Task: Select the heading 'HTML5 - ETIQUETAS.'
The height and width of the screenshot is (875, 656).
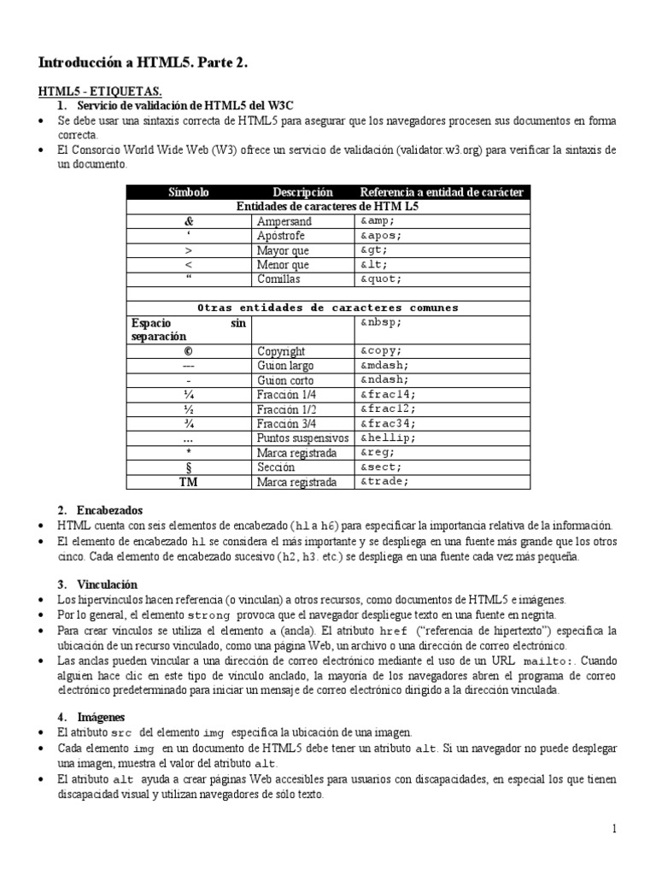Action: [101, 91]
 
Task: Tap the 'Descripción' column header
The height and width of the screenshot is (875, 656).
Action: [302, 192]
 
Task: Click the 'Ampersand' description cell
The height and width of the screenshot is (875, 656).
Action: [284, 221]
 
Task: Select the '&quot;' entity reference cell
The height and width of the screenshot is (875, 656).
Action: [380, 279]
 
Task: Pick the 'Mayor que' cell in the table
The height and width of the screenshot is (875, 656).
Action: [283, 250]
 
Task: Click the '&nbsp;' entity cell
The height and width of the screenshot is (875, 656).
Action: [380, 323]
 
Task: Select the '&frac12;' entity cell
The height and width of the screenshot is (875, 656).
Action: [386, 409]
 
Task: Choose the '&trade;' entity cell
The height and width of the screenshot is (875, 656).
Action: [384, 482]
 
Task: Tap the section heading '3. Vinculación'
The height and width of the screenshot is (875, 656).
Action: [97, 585]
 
